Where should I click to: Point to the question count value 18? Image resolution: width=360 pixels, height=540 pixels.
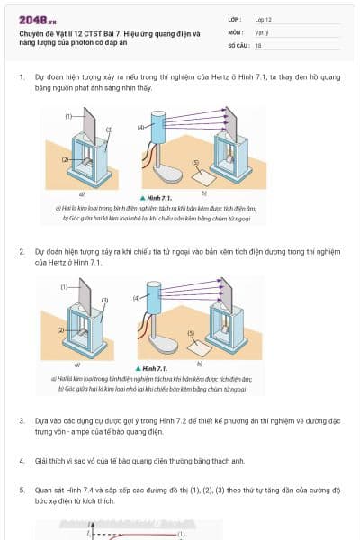258,44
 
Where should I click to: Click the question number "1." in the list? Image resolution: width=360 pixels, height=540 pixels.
22,77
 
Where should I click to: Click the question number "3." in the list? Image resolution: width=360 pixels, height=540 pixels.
22,420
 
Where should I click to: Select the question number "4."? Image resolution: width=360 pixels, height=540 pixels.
22,461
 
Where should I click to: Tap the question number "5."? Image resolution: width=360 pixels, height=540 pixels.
22,490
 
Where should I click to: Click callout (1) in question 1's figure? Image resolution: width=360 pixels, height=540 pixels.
68,117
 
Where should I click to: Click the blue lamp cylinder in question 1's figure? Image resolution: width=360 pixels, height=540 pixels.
160,127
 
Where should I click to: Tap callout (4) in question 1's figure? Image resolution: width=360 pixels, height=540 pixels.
140,128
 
